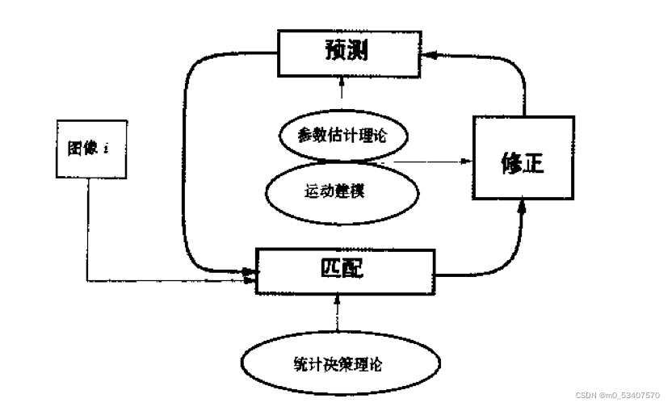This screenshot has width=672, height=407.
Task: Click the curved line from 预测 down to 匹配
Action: point(187,162)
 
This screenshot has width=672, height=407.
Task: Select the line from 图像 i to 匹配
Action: point(86,242)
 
